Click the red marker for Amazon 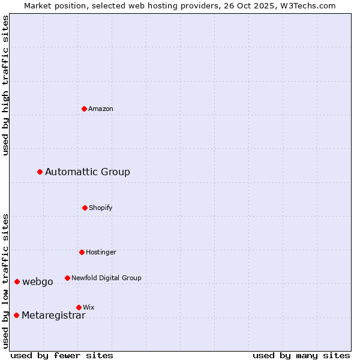coord(85,109)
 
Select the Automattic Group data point coord(40,172)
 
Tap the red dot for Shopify coord(85,208)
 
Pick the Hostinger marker coord(82,252)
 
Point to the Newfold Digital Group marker coord(68,278)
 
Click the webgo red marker coord(17,282)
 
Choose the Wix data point coord(79,307)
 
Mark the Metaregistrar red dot coord(17,316)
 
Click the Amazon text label coord(101,109)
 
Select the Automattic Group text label coord(88,172)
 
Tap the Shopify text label coord(101,208)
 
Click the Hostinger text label coord(101,252)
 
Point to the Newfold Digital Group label coord(106,278)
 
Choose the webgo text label coord(38,282)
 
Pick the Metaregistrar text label coord(53,316)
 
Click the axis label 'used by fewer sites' coord(62,355)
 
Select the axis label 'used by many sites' coord(301,355)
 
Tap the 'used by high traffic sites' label coord(5,85)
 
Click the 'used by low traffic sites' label coord(5,281)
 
